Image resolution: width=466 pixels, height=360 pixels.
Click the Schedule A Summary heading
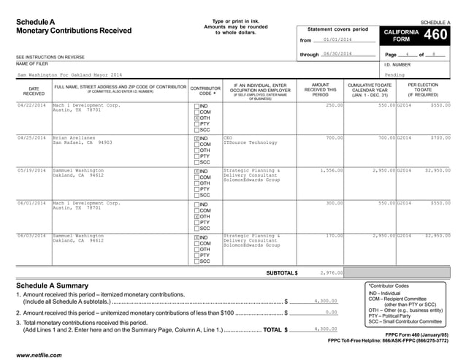click(x=53, y=285)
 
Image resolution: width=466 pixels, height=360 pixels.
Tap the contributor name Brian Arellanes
click(x=75, y=137)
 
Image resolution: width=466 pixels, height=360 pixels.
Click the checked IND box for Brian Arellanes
click(x=196, y=138)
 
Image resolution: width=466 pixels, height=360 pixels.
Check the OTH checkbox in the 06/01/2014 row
click(x=196, y=217)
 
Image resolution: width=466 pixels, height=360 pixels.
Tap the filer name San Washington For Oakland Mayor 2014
click(x=70, y=74)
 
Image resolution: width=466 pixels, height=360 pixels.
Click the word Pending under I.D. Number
click(x=394, y=74)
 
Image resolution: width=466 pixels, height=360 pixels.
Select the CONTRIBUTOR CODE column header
click(x=205, y=91)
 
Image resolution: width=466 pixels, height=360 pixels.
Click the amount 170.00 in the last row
click(x=334, y=236)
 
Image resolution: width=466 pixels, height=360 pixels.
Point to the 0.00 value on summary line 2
click(x=330, y=313)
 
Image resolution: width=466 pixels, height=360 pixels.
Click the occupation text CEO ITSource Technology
click(x=249, y=140)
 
